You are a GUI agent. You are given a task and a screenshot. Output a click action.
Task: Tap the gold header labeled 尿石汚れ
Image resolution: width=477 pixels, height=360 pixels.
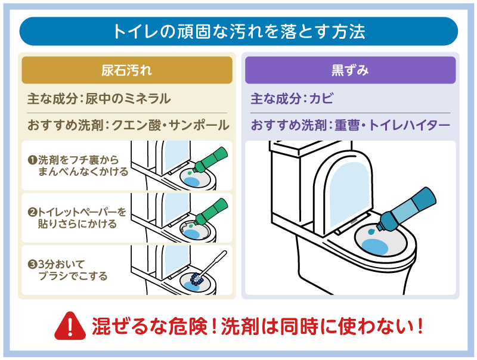point(127,70)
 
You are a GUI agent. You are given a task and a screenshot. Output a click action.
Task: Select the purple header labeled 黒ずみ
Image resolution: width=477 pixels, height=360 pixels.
point(350,70)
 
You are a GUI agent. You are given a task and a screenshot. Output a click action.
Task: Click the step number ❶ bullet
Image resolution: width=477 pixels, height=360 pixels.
point(32,160)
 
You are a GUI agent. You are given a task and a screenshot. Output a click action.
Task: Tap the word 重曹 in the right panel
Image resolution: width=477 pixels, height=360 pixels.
point(346,126)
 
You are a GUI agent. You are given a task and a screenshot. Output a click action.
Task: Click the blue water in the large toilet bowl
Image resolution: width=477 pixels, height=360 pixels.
point(374,246)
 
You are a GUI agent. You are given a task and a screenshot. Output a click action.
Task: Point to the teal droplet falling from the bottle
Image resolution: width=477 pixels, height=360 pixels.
point(373,229)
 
